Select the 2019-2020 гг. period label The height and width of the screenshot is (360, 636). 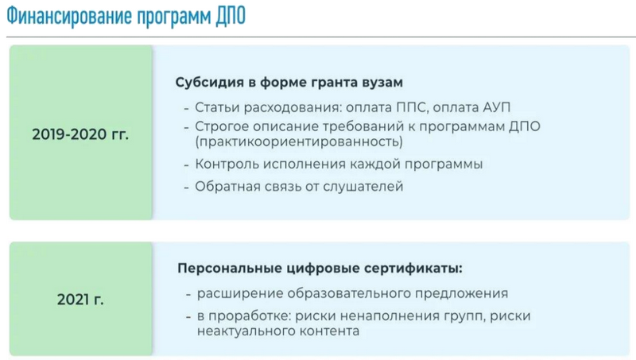coord(80,134)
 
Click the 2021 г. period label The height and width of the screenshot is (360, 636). coord(80,300)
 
